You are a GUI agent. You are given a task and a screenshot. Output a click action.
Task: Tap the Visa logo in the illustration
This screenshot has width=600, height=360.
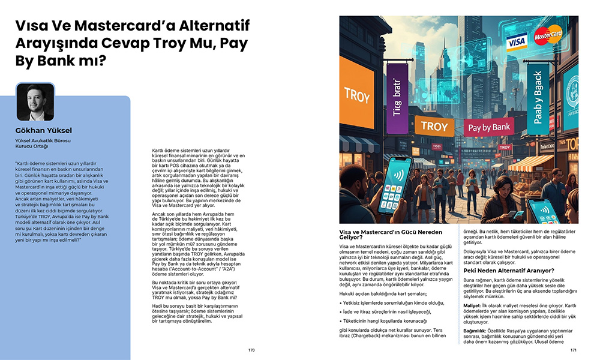[x=516, y=42]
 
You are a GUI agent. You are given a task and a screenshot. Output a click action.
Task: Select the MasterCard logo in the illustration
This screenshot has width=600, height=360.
[x=547, y=35]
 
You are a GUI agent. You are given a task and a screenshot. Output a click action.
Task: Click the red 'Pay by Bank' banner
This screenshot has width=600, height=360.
[x=488, y=127]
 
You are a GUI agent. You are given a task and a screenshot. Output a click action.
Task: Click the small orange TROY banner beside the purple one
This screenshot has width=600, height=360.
[x=434, y=126]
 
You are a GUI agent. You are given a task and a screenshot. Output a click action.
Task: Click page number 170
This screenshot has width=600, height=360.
[x=251, y=350]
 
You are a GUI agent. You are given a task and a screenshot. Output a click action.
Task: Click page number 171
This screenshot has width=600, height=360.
[x=574, y=350]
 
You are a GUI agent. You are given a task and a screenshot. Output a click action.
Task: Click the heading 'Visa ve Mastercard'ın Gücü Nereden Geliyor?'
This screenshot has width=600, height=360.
[x=391, y=235]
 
